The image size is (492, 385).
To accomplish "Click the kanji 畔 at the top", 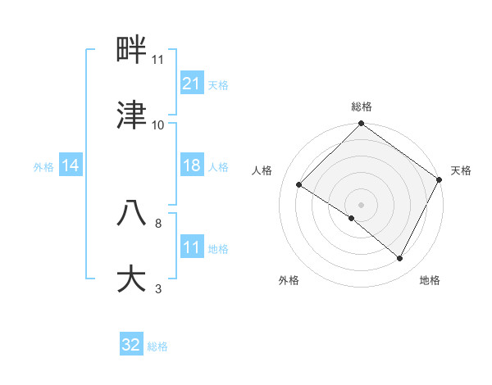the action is point(132,51).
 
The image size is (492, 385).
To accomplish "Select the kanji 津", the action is point(132,115).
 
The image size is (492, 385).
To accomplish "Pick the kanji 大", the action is point(132,278).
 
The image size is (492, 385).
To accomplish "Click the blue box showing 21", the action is point(191,83).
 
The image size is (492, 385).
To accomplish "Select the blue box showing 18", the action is point(191,165).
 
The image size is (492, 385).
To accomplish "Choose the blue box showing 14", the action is point(71,165).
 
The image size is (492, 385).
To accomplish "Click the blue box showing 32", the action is point(131,345).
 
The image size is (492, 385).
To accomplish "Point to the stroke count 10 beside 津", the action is point(158,125).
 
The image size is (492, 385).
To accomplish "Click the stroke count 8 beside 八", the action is point(158,223).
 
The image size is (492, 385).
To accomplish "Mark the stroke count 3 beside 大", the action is point(158,288).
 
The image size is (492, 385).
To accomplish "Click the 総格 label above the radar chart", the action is point(362,106).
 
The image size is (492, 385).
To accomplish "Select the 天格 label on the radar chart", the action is point(461,170).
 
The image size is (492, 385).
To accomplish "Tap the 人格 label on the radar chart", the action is point(262,170).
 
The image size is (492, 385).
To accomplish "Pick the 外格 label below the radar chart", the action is point(289,280).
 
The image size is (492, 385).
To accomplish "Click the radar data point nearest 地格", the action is point(400,259).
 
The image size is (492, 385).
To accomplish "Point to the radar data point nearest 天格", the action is point(440,179).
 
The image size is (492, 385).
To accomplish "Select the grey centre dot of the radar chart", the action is point(362,205).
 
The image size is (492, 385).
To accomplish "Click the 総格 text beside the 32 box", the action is point(157,346).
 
